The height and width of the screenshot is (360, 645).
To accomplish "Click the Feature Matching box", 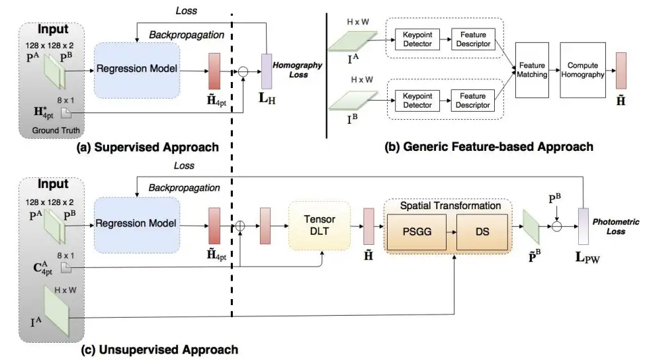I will pyautogui.click(x=532, y=70).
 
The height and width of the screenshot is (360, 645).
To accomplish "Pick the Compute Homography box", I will pyautogui.click(x=582, y=70).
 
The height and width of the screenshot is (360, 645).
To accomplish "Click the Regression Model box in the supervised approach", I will pyautogui.click(x=137, y=69).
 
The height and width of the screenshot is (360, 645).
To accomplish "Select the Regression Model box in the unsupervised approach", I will pyautogui.click(x=137, y=224).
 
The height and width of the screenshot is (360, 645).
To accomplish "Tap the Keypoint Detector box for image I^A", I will pyautogui.click(x=417, y=39).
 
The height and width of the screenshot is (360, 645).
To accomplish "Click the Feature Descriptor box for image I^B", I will pyautogui.click(x=473, y=101).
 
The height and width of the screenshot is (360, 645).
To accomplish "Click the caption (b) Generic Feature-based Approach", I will pyautogui.click(x=489, y=146).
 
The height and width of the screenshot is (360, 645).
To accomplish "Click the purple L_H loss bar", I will pyautogui.click(x=267, y=70).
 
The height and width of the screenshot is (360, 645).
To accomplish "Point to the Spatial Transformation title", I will pyautogui.click(x=450, y=206).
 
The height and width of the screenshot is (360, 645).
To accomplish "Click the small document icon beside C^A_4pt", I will pyautogui.click(x=65, y=266).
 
